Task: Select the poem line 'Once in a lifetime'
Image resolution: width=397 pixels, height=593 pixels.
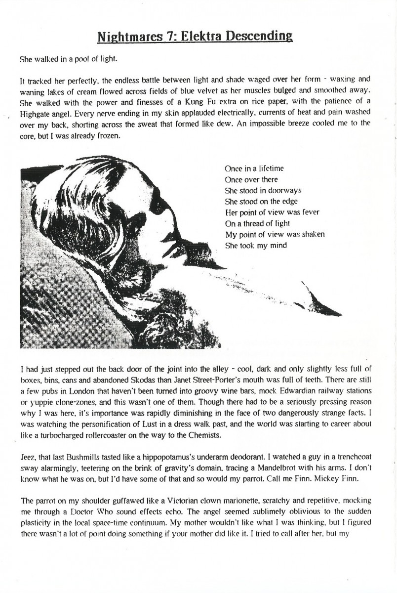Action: point(254,169)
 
